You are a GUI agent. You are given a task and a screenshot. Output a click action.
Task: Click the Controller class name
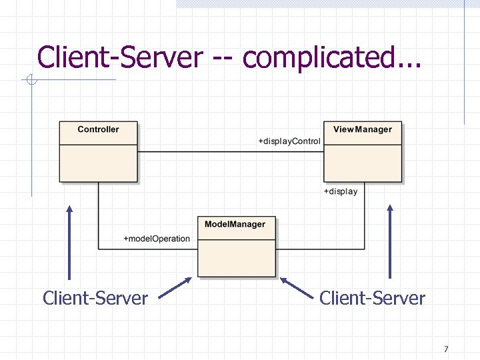(98, 129)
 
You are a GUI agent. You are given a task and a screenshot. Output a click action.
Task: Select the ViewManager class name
(363, 129)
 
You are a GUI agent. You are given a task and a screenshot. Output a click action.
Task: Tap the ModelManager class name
(235, 225)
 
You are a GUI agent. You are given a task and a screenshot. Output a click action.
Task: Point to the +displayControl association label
(289, 141)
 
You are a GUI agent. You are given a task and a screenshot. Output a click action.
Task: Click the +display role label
(341, 191)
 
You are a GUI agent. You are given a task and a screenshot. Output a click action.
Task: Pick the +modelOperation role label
(157, 239)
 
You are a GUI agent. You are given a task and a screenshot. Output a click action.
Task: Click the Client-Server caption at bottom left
(95, 298)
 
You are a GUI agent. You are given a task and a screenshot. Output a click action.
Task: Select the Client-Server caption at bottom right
(372, 298)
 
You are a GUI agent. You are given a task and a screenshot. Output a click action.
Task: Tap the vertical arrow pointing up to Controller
(69, 241)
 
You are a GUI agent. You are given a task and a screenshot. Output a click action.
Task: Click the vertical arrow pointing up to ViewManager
(390, 241)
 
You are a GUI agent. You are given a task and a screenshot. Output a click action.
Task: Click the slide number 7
(445, 349)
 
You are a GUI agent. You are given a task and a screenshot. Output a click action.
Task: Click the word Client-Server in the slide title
(120, 57)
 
